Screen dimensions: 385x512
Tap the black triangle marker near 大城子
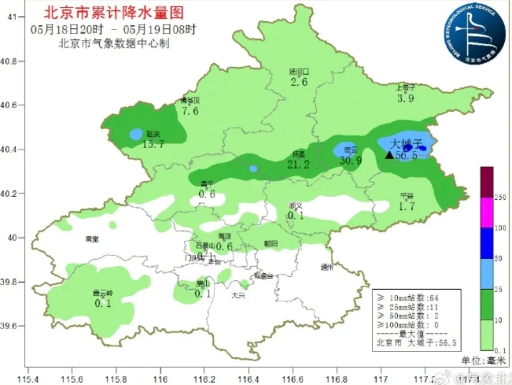389,155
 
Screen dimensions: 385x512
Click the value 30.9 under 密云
350,161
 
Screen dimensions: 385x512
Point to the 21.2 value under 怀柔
298,165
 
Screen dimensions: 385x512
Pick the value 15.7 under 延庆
153,143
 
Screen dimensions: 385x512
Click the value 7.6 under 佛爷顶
190,111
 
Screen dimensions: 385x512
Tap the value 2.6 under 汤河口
299,82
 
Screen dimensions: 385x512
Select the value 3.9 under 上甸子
406,98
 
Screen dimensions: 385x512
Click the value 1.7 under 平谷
407,206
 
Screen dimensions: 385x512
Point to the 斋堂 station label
92,239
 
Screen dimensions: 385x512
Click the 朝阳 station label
271,244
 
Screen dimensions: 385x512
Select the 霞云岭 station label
102,293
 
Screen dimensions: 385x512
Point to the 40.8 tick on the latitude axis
16,61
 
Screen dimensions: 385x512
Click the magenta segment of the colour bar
487,212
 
